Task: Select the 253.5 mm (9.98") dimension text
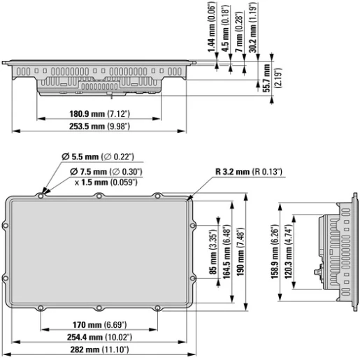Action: [x=99, y=127]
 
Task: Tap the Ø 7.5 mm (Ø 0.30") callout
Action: [x=106, y=171]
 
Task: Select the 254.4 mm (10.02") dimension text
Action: [x=99, y=338]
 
